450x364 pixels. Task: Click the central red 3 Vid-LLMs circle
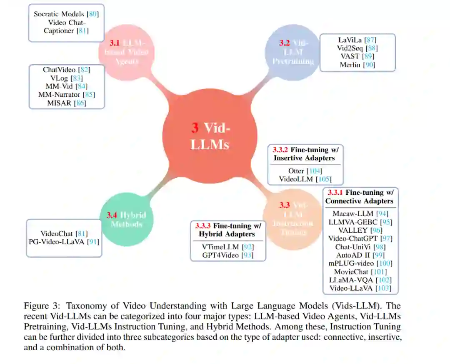tap(210, 136)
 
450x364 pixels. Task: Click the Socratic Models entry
tap(60, 14)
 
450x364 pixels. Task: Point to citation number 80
tap(93, 14)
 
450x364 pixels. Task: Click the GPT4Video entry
tap(220, 255)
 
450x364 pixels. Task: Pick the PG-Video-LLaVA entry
tap(57, 241)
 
